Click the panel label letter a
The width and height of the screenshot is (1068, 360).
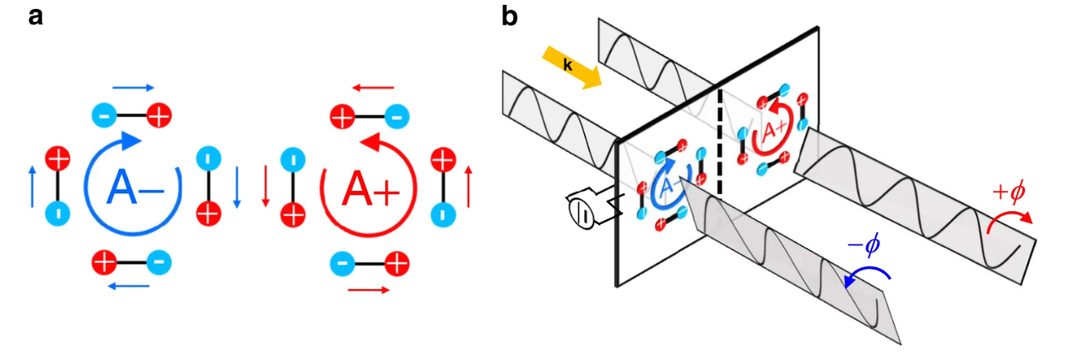tap(35, 15)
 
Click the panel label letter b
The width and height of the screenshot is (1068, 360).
tap(510, 15)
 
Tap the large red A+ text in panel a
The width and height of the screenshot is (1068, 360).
tap(368, 189)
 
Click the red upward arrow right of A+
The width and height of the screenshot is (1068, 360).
tap(468, 184)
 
